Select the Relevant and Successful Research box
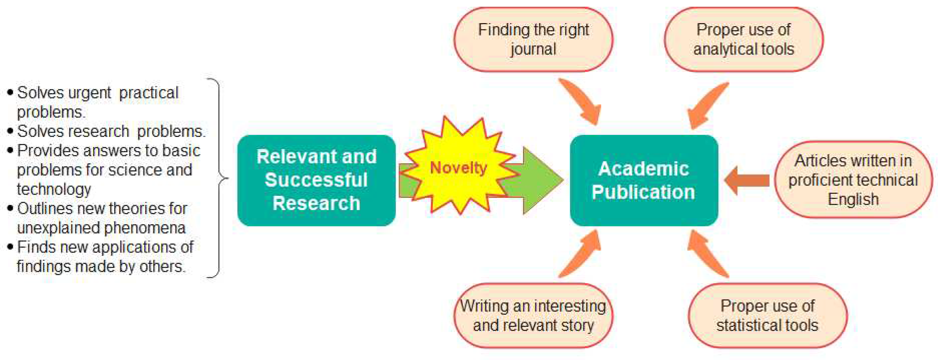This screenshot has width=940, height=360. click(x=316, y=180)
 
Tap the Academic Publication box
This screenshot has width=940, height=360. click(x=644, y=180)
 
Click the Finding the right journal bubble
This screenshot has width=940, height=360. click(x=533, y=39)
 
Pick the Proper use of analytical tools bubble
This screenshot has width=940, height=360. click(x=744, y=39)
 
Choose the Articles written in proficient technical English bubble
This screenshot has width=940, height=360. click(x=853, y=180)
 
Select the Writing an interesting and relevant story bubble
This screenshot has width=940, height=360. click(x=533, y=316)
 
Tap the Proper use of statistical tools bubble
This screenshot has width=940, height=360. click(x=768, y=316)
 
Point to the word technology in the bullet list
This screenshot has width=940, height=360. click(x=54, y=189)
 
